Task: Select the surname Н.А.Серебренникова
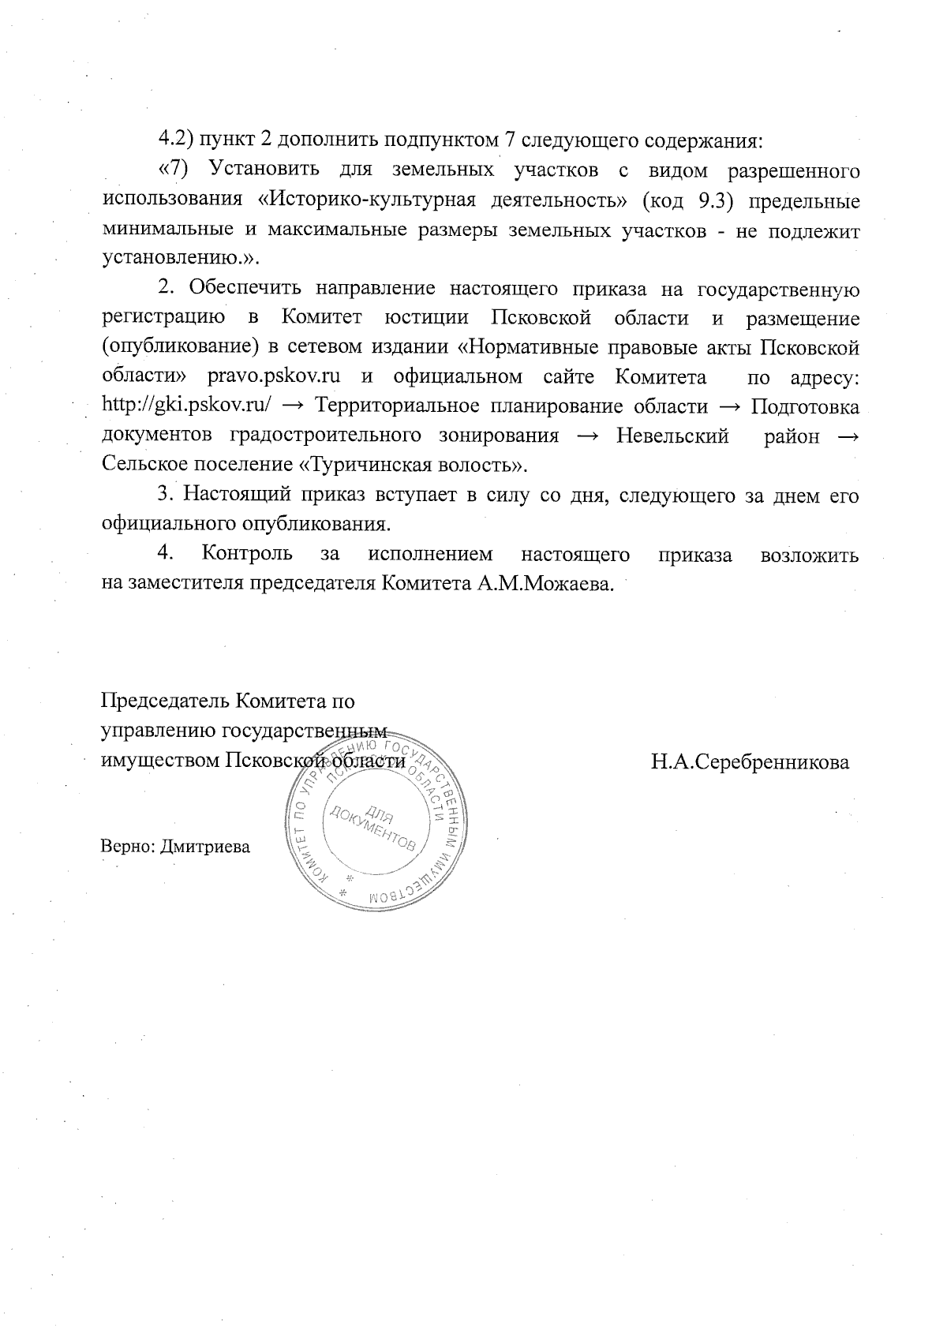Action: [x=750, y=762]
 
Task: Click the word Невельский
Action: [x=672, y=436]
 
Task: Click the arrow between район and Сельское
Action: [x=847, y=436]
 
